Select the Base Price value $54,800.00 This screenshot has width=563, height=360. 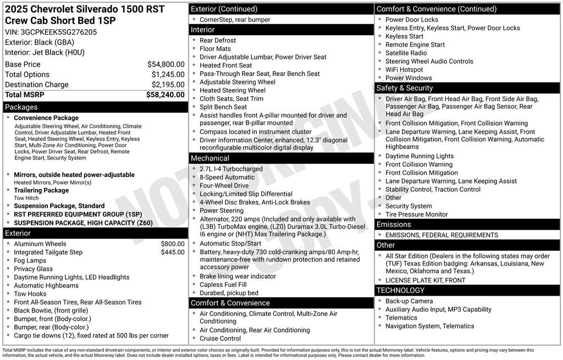(x=165, y=64)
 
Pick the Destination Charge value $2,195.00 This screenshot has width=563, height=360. (x=168, y=85)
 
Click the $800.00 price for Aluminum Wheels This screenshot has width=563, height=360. (x=173, y=244)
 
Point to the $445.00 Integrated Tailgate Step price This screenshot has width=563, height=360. (x=173, y=252)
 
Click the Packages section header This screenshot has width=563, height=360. (x=21, y=107)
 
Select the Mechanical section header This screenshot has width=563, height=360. (x=210, y=158)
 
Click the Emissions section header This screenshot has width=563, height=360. (x=394, y=224)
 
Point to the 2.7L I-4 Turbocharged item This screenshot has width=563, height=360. (x=231, y=169)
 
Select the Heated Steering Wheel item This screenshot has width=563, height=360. (x=232, y=90)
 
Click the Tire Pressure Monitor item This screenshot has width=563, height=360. (x=416, y=214)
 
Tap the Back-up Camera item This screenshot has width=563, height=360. (x=409, y=301)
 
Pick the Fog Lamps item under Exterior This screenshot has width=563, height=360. (x=30, y=261)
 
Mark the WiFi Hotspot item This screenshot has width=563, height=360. (x=404, y=70)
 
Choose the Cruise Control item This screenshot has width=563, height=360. (x=220, y=339)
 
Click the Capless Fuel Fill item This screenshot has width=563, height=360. (x=223, y=285)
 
